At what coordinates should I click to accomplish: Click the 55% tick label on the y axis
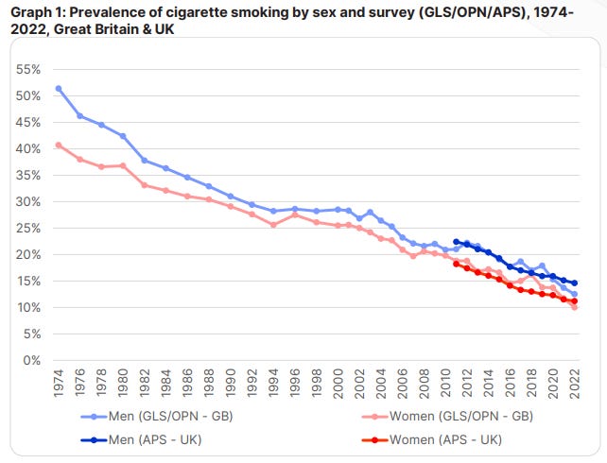pos(27,70)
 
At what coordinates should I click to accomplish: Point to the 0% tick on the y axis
pos(31,361)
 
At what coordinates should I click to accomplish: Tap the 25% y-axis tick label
pos(27,229)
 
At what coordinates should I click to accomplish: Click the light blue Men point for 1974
pos(59,88)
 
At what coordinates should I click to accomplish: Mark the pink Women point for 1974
pos(59,145)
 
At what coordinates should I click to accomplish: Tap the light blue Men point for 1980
pos(123,136)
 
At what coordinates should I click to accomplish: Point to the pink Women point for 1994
pos(273,225)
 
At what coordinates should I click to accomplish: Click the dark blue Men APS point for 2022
pos(574,283)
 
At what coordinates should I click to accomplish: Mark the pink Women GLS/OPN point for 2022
pos(574,307)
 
